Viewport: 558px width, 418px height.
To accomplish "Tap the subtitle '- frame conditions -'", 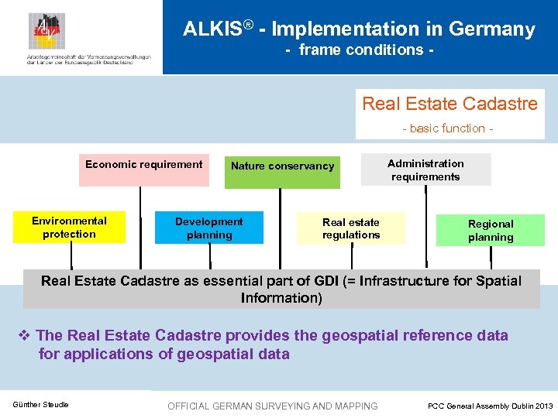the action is coord(359,50).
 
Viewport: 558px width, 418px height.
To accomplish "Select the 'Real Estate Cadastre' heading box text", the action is coord(449,104).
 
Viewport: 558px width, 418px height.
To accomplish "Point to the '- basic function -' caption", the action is coord(448,128).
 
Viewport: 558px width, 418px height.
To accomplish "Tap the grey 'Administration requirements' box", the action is coord(425,170).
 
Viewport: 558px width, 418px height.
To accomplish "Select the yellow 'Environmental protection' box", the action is coord(69,228).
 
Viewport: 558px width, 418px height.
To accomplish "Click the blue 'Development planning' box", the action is coord(208,228).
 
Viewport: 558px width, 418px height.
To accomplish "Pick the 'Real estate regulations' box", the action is coord(351,228).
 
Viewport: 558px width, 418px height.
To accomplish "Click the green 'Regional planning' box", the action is coord(491,231).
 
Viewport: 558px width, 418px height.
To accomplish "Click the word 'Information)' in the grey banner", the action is coord(281,298).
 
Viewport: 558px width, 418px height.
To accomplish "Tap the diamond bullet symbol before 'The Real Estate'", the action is coord(23,336).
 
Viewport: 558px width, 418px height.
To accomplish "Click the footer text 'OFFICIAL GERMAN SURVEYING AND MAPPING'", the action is coord(273,406).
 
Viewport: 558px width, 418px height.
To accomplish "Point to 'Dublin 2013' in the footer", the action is coord(529,406).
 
